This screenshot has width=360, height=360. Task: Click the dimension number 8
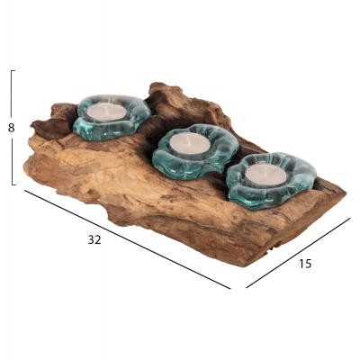(11, 128)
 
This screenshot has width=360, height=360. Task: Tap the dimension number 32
(94, 239)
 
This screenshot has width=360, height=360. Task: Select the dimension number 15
(305, 264)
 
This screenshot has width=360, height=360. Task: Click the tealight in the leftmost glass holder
(107, 112)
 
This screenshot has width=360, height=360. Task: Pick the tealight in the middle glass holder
(189, 143)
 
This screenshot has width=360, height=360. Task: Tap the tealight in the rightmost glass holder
(266, 175)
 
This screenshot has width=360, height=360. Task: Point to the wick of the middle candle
(188, 139)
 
